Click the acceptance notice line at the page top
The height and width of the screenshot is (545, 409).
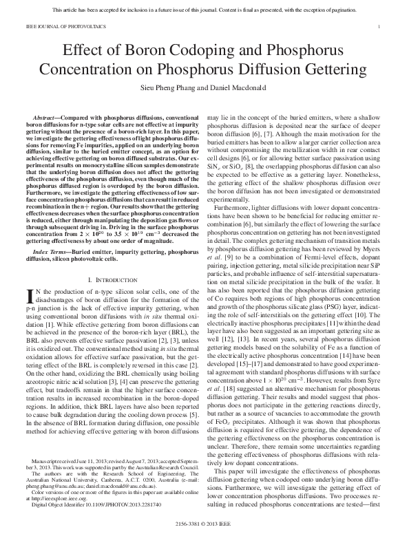204,9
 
